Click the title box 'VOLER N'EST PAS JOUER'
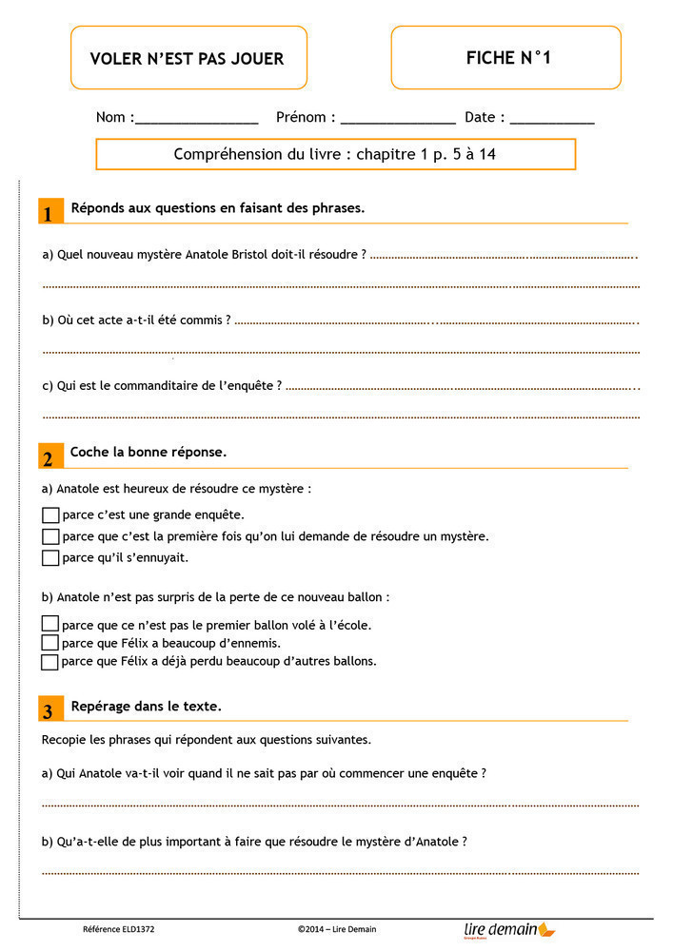point(188,58)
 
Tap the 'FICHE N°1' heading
point(506,58)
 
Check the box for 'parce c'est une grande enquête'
point(50,514)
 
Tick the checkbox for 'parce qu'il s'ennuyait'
point(50,557)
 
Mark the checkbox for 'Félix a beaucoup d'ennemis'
point(49,643)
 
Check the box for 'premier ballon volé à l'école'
point(49,625)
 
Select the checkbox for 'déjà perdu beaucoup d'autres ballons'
point(49,662)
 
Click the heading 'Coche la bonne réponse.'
point(148,452)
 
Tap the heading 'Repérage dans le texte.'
point(147,706)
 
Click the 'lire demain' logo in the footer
point(508,929)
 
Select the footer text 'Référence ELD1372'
point(119,929)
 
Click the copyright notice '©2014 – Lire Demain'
point(344,929)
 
